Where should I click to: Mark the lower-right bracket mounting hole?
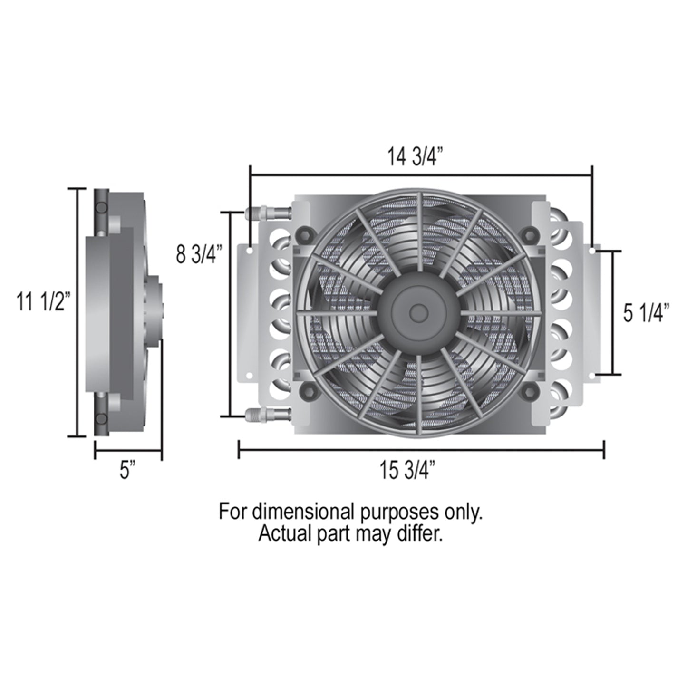pos(592,376)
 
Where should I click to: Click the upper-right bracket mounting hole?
pos(592,250)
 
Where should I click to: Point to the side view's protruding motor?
pos(155,311)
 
